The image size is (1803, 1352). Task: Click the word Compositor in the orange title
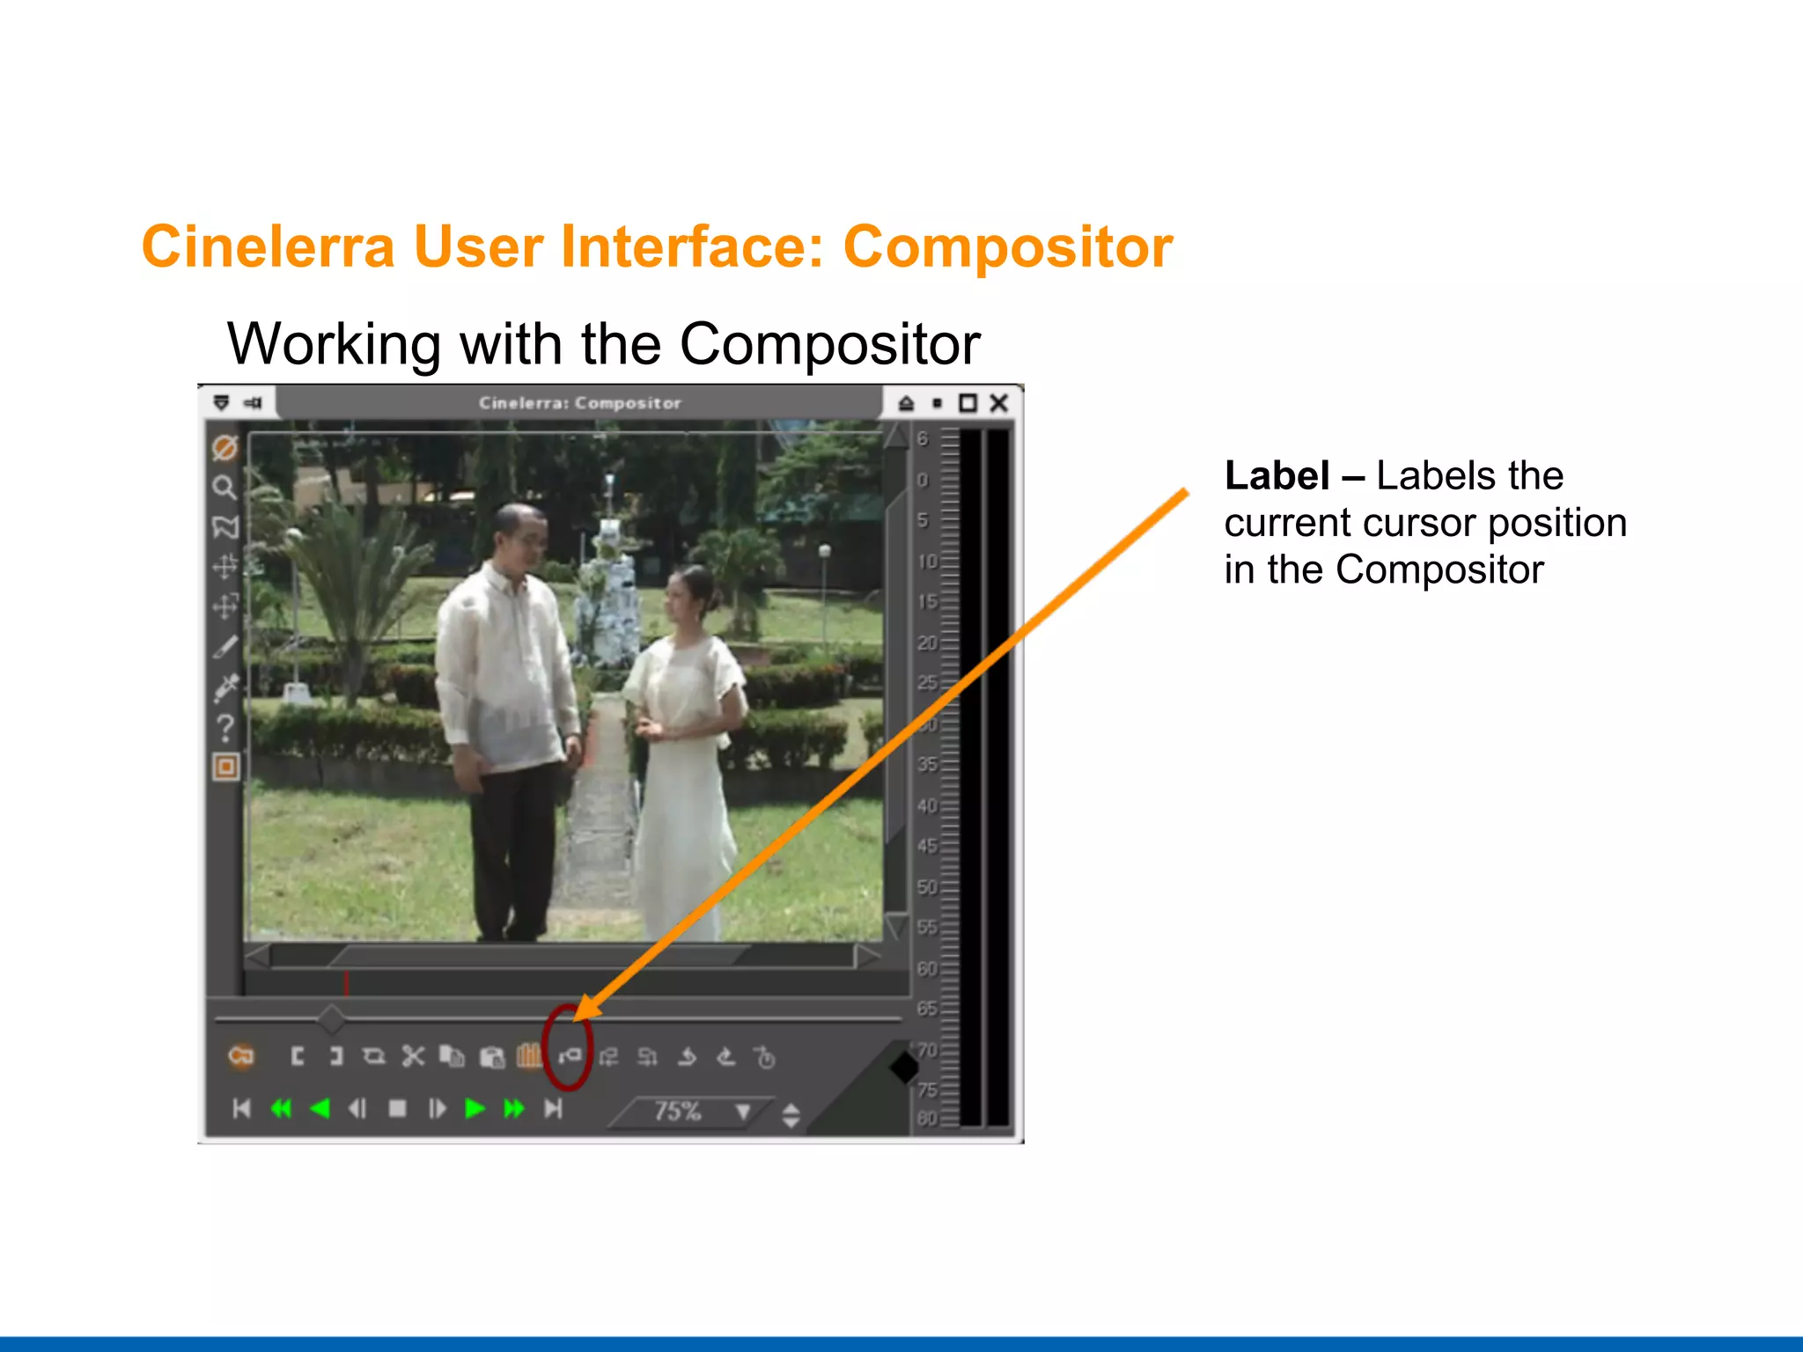pos(1007,246)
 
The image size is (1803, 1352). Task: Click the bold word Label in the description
pos(1277,476)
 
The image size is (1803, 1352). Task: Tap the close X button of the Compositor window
pos(998,403)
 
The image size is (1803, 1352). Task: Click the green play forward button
pos(475,1108)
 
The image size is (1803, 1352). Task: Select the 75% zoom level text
pos(677,1111)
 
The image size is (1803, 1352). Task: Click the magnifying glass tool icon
pos(224,487)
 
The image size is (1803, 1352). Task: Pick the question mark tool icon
pos(225,728)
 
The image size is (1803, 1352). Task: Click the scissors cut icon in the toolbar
pos(413,1056)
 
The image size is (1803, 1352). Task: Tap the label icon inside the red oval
pos(569,1054)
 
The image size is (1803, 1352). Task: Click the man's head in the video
pos(519,533)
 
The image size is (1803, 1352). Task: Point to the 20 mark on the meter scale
pos(926,643)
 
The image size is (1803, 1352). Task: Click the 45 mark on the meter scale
pos(926,846)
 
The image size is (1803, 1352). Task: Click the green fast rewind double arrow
pos(281,1108)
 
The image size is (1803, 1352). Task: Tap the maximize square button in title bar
pos(968,403)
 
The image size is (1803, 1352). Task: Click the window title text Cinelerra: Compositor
pos(579,403)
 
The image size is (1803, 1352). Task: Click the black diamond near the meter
pos(904,1068)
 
